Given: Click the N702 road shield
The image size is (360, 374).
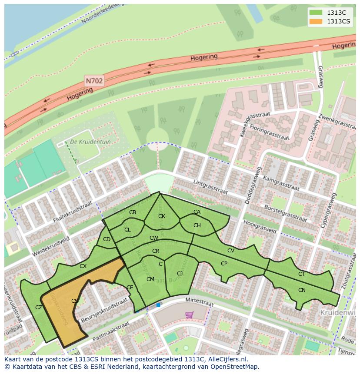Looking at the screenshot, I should click(x=94, y=81).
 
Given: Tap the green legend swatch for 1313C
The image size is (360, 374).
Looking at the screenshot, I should click(x=316, y=13).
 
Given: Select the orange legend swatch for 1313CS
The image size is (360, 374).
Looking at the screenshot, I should click(x=316, y=21).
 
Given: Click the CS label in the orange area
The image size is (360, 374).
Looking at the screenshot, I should click(x=75, y=301).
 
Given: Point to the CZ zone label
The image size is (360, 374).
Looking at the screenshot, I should click(x=39, y=307).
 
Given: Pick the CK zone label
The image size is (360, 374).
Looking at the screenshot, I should click(x=162, y=216).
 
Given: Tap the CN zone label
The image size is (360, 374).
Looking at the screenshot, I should click(x=302, y=290).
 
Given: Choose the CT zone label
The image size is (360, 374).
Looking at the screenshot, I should click(x=301, y=274).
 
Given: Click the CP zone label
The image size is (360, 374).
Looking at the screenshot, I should click(x=224, y=263).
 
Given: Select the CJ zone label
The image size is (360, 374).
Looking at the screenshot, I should click(x=180, y=273).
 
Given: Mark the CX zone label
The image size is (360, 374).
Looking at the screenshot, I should click(x=83, y=266).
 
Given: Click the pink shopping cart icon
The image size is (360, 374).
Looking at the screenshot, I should click(x=189, y=314).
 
